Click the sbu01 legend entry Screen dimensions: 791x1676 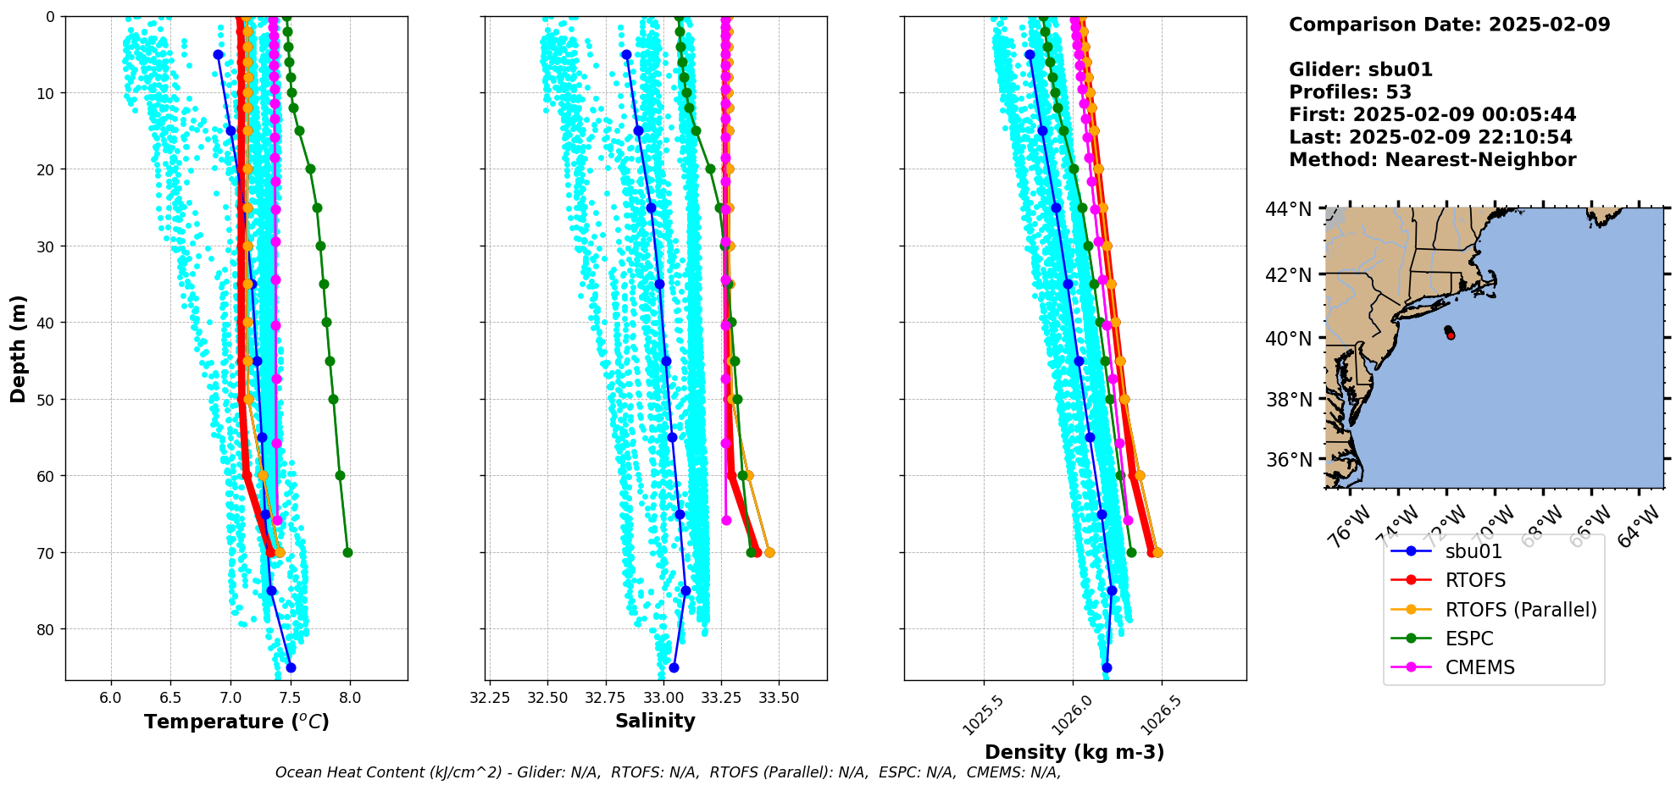coord(1473,551)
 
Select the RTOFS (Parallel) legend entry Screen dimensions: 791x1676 coord(1520,610)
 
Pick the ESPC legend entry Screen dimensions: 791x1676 coord(1468,639)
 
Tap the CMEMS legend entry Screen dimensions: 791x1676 coord(1479,667)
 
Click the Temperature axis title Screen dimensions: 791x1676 coord(236,722)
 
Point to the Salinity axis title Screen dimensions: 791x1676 coord(655,721)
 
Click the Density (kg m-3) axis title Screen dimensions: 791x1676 coord(1074,752)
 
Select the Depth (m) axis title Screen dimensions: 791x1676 coord(19,348)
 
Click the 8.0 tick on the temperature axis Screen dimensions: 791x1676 coord(350,698)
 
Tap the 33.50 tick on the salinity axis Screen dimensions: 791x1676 coord(779,698)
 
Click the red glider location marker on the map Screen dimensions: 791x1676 coord(1451,335)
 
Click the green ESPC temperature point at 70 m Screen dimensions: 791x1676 coord(347,553)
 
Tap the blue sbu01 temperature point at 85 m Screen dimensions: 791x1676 coord(291,667)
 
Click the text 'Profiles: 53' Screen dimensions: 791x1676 coord(1350,92)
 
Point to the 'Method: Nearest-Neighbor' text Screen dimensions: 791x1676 coord(1432,160)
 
